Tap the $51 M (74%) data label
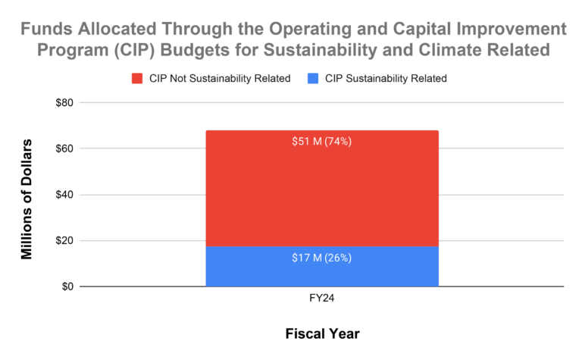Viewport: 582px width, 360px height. pyautogui.click(x=322, y=142)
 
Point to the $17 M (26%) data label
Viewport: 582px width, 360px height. pyautogui.click(x=322, y=258)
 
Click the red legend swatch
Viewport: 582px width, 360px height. pyautogui.click(x=138, y=78)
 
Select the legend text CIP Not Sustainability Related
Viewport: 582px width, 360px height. pyautogui.click(x=220, y=78)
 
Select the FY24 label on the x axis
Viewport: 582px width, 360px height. pyautogui.click(x=322, y=299)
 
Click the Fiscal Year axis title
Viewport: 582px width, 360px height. pyautogui.click(x=322, y=333)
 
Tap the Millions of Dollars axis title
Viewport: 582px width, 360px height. pyautogui.click(x=27, y=199)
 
